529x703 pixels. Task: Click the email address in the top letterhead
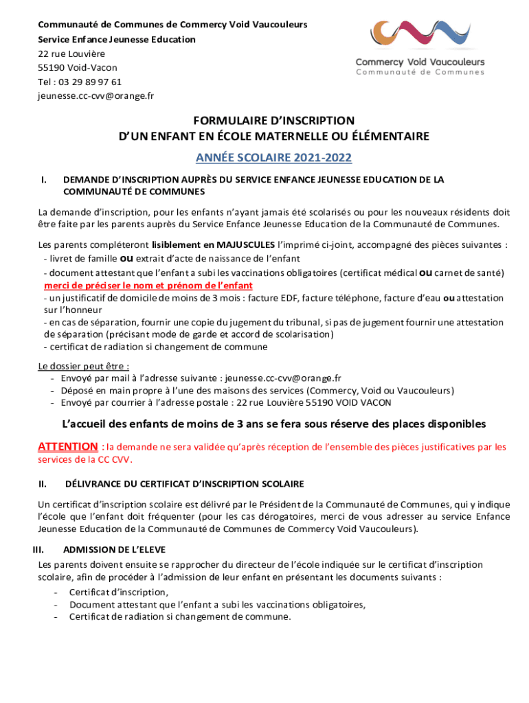[95, 95]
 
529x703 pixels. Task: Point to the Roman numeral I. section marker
[44, 180]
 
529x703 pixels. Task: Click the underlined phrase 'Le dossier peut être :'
[84, 366]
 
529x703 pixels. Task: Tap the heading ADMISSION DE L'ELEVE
[114, 550]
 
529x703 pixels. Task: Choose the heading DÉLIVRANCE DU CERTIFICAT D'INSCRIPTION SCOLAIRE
[184, 485]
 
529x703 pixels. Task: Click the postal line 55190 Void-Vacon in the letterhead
[77, 68]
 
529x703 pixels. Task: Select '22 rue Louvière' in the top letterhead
[71, 54]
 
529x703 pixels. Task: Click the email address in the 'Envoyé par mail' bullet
[283, 378]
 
